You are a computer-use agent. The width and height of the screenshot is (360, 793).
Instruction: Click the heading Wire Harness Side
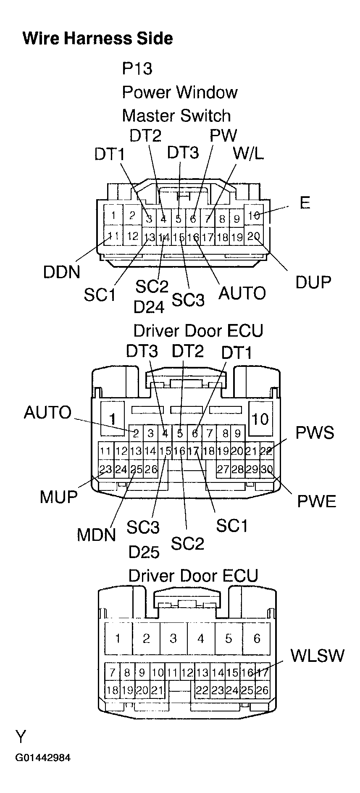coord(97,38)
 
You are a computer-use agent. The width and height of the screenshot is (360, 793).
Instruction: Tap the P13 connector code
coord(137,68)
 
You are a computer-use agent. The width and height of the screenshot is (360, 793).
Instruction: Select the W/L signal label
coord(249,154)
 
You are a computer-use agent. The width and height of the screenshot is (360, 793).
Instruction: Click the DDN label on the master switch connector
coord(61,272)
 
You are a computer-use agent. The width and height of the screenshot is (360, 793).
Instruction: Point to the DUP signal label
coord(313,282)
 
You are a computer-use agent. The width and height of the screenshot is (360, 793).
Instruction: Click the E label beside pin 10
coord(305,203)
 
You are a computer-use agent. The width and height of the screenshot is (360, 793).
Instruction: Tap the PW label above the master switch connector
coord(223,135)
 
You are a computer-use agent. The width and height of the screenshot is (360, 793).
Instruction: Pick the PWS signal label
coord(315,433)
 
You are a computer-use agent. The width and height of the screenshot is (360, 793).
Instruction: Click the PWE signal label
coord(317,501)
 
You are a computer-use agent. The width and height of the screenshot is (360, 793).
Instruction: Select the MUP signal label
coord(59,497)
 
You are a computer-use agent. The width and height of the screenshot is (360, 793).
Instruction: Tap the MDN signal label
coord(96,535)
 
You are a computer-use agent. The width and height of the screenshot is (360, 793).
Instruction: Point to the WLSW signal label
coord(317,655)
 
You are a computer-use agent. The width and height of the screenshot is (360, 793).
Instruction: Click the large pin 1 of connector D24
coord(112,419)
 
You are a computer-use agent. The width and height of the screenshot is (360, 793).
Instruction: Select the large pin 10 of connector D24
coord(260,419)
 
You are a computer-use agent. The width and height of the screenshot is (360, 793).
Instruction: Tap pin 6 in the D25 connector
coord(257,639)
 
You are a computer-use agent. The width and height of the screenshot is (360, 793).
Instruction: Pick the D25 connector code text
coord(144,552)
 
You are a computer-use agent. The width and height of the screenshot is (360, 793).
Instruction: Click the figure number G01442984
coord(43,758)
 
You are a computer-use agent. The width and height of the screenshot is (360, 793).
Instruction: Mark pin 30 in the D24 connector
coord(266,469)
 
